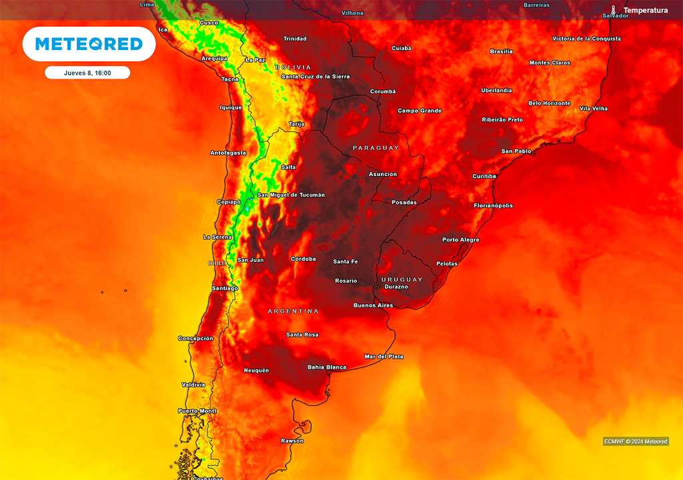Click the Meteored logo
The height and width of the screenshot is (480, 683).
[89, 44]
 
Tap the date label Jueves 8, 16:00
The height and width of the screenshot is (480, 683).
[87, 73]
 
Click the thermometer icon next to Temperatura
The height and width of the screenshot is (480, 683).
[614, 11]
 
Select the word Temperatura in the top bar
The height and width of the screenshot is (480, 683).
[645, 11]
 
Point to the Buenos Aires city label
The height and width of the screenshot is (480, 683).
[373, 305]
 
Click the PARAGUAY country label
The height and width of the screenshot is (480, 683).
[376, 148]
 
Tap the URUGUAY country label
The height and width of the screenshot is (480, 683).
[402, 279]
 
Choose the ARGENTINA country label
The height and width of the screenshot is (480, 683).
[293, 311]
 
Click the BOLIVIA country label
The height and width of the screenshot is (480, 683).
[293, 67]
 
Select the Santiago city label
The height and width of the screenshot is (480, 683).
[224, 288]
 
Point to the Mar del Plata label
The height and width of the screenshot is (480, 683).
[384, 357]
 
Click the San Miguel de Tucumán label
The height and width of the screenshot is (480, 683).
[291, 195]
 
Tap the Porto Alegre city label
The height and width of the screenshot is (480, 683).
[461, 240]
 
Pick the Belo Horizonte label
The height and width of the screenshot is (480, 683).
[549, 103]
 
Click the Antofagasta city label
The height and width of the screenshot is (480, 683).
[228, 153]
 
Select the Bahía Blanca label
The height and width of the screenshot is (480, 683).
[326, 367]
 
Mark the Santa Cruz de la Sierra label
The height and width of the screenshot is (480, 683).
[315, 77]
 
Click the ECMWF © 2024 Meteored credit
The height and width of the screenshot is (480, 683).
[636, 441]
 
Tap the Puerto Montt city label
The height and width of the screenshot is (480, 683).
[197, 411]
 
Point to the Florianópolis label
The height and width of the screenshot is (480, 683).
[493, 206]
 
